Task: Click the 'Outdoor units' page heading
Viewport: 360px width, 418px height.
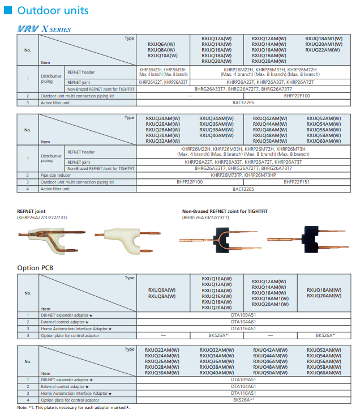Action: point(53,10)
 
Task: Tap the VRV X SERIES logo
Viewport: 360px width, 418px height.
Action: point(44,29)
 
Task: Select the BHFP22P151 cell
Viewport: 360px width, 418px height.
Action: point(297,182)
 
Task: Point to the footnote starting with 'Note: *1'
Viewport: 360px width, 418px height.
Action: point(74,407)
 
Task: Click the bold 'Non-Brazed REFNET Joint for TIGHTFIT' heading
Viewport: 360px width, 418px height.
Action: point(225,211)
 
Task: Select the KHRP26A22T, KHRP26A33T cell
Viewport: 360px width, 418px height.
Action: point(163,82)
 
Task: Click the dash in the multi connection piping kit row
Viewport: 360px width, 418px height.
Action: point(190,96)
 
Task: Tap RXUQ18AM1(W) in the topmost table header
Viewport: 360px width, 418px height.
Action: point(324,38)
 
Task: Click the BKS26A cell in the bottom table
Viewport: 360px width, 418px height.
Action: point(243,400)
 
